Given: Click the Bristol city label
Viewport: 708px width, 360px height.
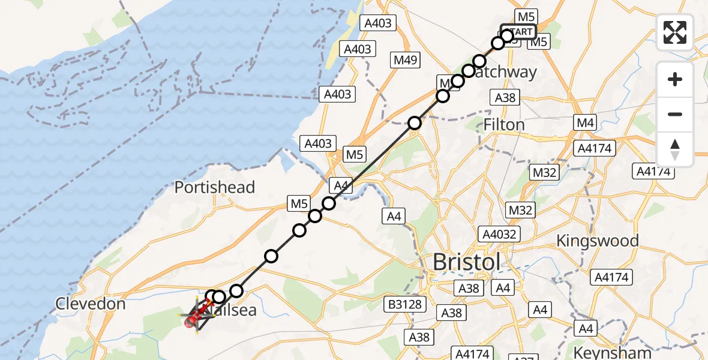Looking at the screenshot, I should (466, 262).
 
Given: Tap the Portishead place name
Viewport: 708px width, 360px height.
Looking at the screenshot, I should (214, 187).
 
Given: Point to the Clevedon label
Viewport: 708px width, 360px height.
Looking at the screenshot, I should (91, 304).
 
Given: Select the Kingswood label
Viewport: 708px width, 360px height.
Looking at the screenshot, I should (597, 241).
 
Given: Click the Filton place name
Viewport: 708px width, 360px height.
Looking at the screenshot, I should (504, 125).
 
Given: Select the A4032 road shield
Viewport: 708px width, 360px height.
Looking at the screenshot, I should (499, 233).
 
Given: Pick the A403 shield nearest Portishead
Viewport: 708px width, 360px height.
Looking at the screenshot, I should (318, 143).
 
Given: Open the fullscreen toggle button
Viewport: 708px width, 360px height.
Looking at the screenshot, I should (675, 32).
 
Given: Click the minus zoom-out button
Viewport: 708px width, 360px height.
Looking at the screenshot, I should (675, 114).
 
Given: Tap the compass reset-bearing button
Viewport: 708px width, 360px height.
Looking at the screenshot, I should (675, 149).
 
